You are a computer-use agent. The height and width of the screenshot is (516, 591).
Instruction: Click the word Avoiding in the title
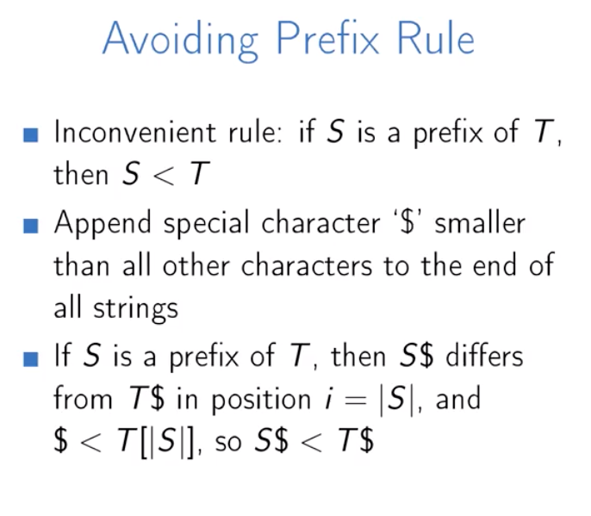[x=180, y=40]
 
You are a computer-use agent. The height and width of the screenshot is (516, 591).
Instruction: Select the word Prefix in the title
[x=327, y=39]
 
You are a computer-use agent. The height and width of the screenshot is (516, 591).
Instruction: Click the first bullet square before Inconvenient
[x=30, y=135]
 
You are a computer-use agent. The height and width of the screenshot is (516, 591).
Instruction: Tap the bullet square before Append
[x=30, y=227]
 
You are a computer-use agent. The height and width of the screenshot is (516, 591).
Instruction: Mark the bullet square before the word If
[x=30, y=359]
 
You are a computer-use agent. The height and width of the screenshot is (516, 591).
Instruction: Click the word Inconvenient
[x=135, y=132]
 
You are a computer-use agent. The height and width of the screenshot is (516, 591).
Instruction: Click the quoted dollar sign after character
[x=407, y=223]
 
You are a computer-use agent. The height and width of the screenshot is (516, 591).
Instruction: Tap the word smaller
[x=480, y=223]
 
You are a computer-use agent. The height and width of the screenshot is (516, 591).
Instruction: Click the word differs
[x=484, y=356]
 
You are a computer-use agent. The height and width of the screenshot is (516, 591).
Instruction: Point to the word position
[x=261, y=401]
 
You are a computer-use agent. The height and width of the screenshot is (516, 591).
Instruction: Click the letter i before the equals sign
[x=329, y=399]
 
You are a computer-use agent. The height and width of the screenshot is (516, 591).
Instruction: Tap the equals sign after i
[x=356, y=401]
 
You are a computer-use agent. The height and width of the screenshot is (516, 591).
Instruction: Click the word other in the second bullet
[x=196, y=265]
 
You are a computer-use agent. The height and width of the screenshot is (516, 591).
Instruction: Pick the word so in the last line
[x=228, y=442]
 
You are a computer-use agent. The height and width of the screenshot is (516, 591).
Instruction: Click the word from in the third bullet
[x=83, y=398]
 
